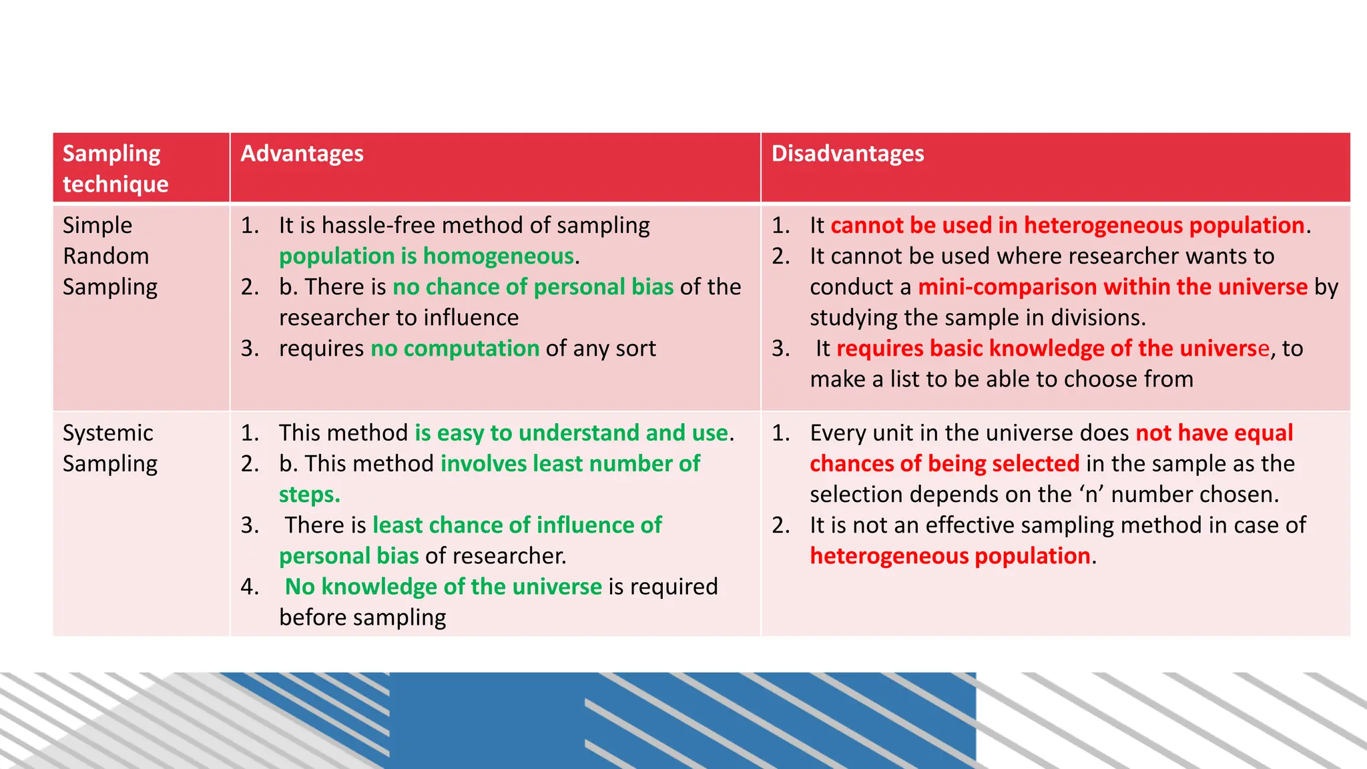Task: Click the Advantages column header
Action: pos(302,154)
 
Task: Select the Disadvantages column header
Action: pos(847,154)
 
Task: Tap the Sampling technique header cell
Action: pos(115,168)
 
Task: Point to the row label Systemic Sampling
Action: pos(110,448)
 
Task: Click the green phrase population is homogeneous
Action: pos(427,256)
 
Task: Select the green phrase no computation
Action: pos(455,348)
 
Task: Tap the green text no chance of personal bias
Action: pos(533,287)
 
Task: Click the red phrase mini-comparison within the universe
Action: pos(1112,287)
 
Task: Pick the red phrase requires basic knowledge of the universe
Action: pos(1052,348)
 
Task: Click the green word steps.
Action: pos(309,495)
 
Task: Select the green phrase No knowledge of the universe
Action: pos(443,587)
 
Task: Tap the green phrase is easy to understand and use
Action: pos(571,433)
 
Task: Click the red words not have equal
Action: pos(1214,433)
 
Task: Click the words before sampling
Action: pos(362,617)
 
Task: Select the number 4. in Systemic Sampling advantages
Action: pos(250,587)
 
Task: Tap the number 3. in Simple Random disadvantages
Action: pos(781,348)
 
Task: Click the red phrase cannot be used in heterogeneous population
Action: pos(1067,226)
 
